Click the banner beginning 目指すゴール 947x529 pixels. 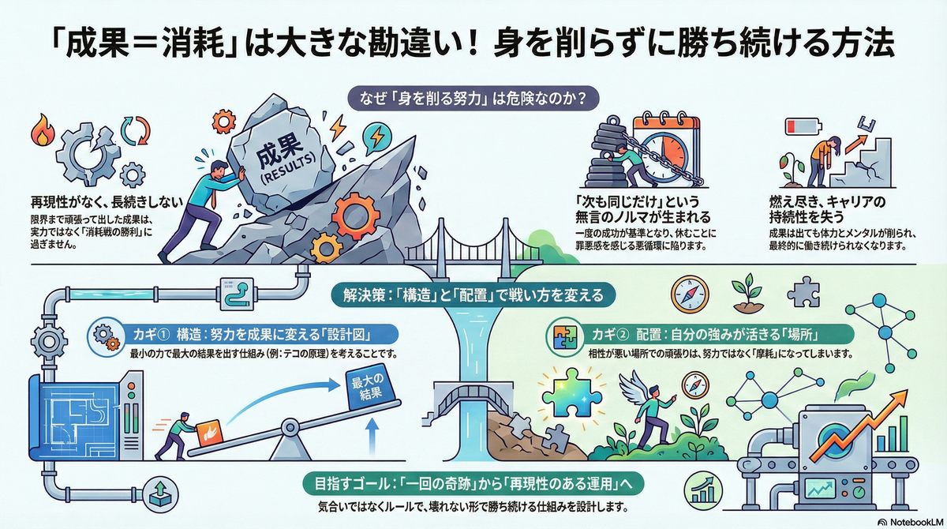pos(474,482)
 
